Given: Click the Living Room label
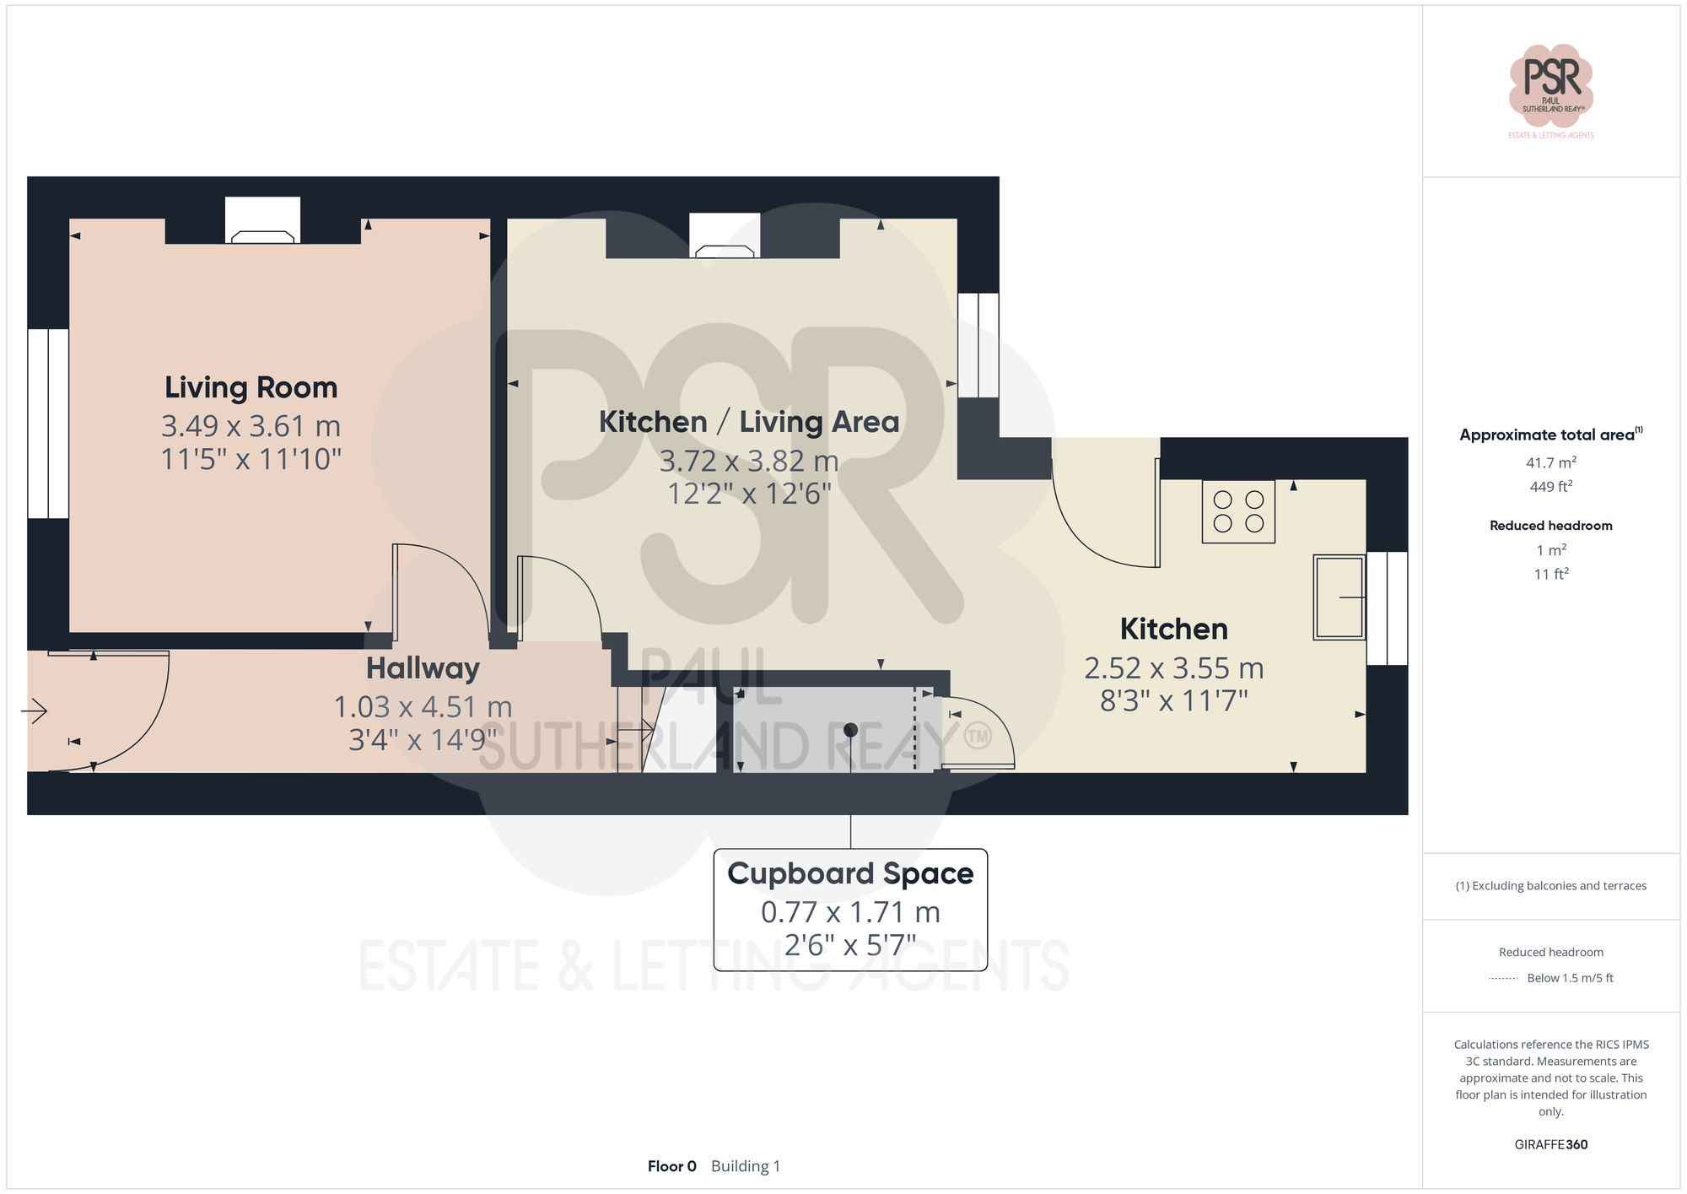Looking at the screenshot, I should click(251, 387).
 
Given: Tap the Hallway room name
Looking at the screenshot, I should click(423, 668).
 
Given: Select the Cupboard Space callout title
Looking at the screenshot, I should click(850, 873).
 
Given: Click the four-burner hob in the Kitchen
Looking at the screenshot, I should click(1238, 511).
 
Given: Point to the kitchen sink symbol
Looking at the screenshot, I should click(1339, 597).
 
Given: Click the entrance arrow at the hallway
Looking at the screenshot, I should click(35, 711).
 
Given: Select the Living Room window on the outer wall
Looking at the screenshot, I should click(48, 424).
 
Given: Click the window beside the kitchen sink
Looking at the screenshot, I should click(1387, 608).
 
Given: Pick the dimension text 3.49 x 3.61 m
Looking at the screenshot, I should click(251, 426).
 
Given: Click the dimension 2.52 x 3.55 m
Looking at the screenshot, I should click(1173, 668).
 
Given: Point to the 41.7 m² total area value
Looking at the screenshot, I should click(1550, 462).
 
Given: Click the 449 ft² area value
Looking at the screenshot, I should click(1550, 487).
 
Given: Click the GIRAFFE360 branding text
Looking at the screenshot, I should click(1550, 1145).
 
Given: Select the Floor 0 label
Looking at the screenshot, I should click(671, 1166).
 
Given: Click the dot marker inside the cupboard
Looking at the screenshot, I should click(850, 730).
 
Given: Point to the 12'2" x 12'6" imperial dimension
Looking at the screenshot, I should click(749, 494).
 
